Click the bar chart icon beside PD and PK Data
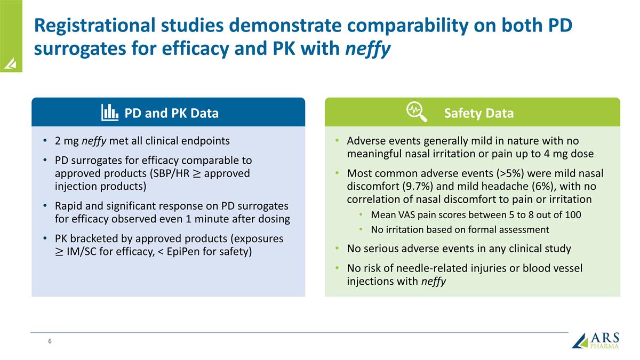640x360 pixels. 110,112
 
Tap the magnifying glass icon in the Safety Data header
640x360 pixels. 416,112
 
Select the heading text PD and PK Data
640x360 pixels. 171,113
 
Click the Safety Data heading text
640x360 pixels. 478,113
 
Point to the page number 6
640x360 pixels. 50,341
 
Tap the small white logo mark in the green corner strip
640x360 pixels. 11,64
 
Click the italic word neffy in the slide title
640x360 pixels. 368,49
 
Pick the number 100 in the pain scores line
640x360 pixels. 572,215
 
